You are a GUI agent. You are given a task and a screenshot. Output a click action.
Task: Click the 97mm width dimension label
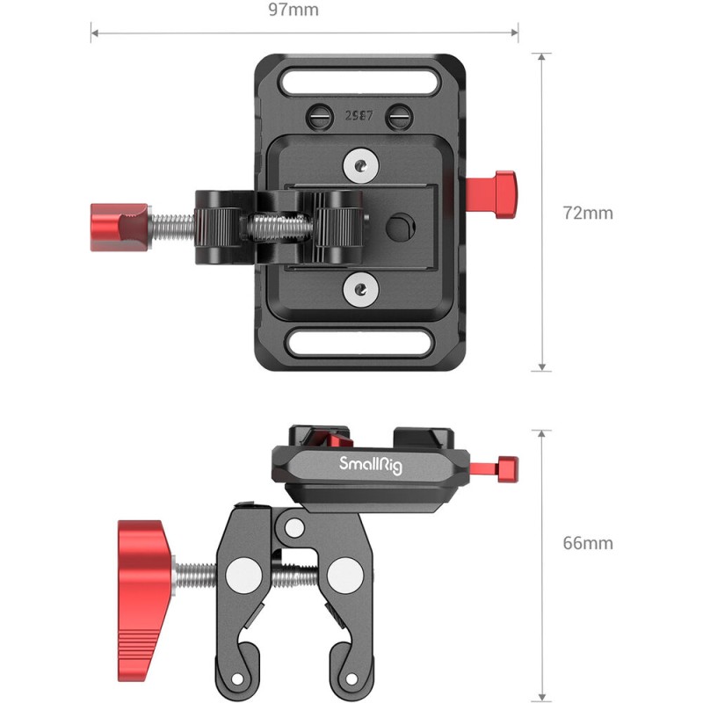(x=294, y=11)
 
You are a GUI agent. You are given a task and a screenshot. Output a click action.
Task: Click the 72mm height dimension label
(x=588, y=213)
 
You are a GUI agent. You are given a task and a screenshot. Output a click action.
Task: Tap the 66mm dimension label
(x=588, y=542)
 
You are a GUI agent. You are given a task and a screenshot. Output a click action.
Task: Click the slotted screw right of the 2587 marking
(x=399, y=114)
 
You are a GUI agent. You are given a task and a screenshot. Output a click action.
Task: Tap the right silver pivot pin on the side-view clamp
(x=341, y=579)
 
